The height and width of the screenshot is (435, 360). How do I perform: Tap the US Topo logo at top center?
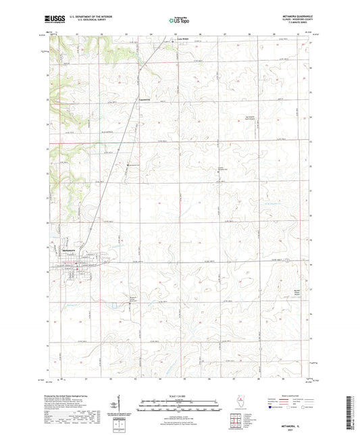pyautogui.click(x=178, y=20)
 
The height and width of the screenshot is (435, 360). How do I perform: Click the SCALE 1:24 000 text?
pyautogui.click(x=179, y=394)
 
